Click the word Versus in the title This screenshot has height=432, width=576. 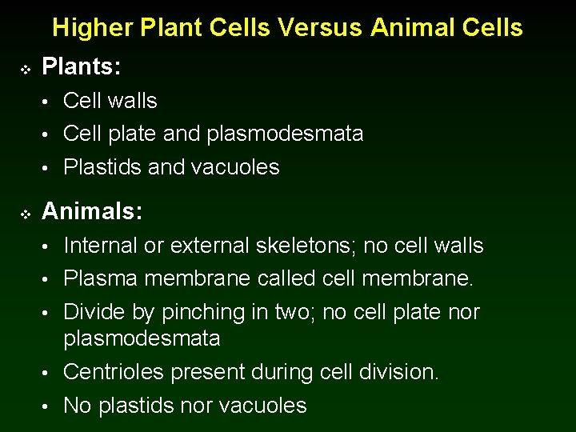pos(322,28)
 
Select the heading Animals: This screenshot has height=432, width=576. pos(92,211)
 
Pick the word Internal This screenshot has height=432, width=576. pos(101,246)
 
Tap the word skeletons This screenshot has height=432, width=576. pos(305,246)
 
